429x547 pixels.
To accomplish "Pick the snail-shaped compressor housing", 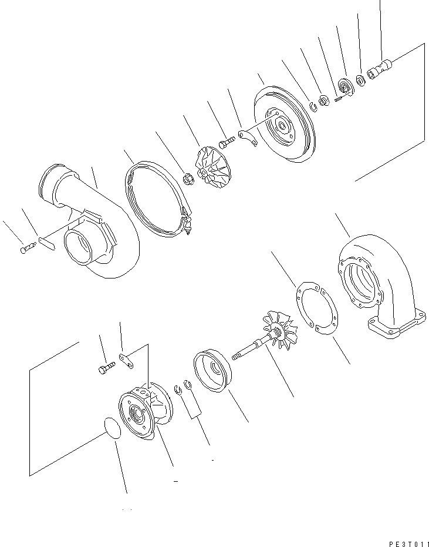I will point(94,226).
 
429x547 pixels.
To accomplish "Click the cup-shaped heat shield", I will point(212,370).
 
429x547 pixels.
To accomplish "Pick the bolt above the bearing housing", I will point(104,370).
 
